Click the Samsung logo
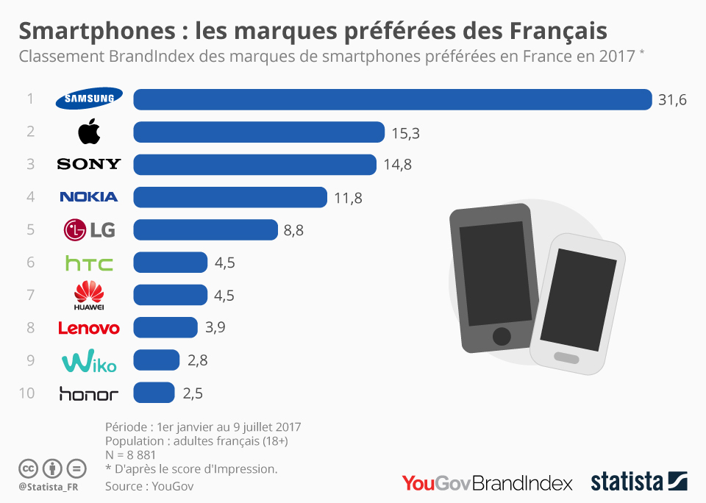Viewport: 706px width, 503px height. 89,99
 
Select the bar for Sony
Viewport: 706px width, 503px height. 254,164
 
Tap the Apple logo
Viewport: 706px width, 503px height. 89,132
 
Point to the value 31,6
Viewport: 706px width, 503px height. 672,100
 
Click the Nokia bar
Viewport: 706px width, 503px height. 229,197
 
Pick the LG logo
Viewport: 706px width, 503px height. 89,230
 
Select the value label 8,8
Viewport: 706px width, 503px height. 293,230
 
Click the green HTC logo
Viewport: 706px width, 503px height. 89,263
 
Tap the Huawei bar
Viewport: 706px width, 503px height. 170,295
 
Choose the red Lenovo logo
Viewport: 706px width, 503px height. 89,327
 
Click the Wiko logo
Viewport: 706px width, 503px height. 89,361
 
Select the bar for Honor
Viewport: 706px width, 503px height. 154,393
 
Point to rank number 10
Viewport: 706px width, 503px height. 26,393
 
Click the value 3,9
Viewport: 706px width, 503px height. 215,327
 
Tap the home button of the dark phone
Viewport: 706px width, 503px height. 501,336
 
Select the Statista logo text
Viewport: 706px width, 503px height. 627,482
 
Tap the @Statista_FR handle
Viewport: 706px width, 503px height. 49,487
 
